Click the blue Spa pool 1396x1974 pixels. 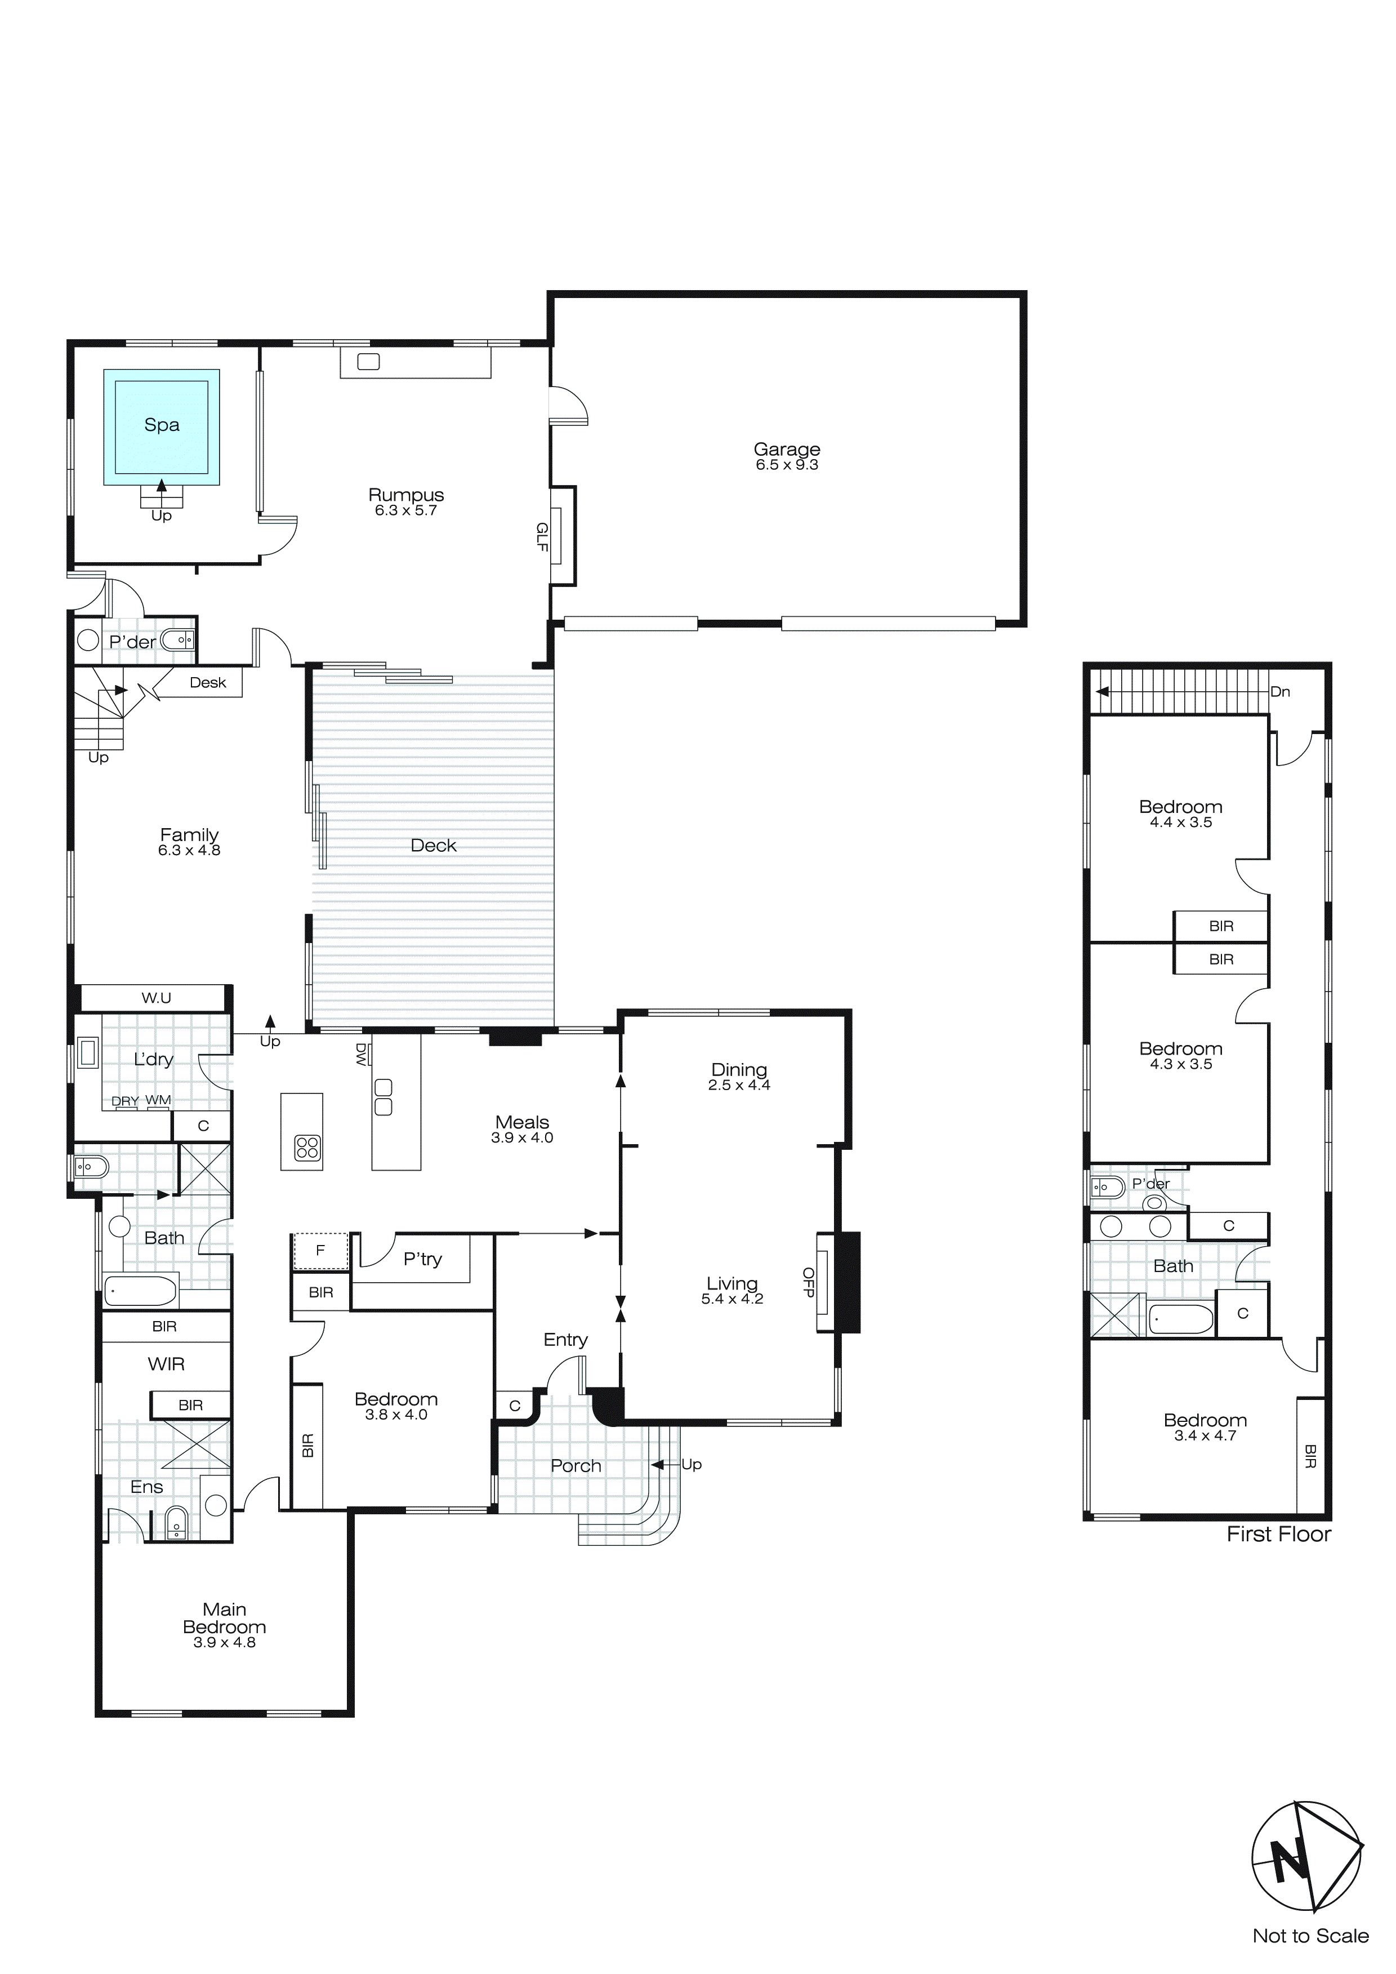click(x=162, y=427)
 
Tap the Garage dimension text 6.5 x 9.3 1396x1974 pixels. click(x=787, y=465)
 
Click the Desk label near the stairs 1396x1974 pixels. click(x=208, y=683)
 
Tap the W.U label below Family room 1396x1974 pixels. click(x=157, y=998)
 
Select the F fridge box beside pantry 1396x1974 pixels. click(x=320, y=1251)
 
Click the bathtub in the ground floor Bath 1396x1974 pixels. click(x=140, y=1291)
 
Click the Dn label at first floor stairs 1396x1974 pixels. click(x=1280, y=692)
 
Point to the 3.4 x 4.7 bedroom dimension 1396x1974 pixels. click(x=1205, y=1436)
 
